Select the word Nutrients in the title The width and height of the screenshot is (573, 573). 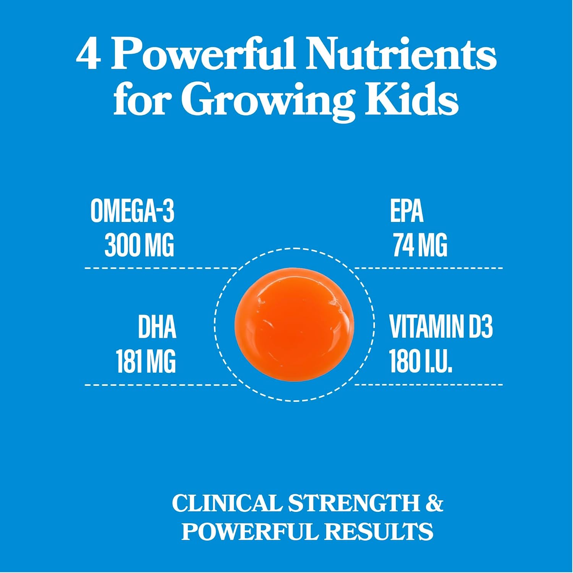pyautogui.click(x=402, y=54)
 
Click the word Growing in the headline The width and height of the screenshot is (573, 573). pyautogui.click(x=267, y=100)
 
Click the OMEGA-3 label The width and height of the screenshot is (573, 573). pyautogui.click(x=133, y=211)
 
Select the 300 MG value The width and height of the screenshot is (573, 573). pyautogui.click(x=139, y=245)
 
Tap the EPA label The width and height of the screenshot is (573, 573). pyautogui.click(x=406, y=211)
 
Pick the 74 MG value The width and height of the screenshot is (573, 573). pyautogui.click(x=420, y=245)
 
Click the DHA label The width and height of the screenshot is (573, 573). pyautogui.click(x=157, y=327)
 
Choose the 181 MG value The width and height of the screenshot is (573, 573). pyautogui.click(x=146, y=361)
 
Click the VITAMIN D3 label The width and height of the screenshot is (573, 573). pyautogui.click(x=441, y=327)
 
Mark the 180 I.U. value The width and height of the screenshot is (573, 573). pyautogui.click(x=421, y=361)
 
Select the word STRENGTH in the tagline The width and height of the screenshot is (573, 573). pyautogui.click(x=354, y=503)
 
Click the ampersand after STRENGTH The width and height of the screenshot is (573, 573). pyautogui.click(x=434, y=503)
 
